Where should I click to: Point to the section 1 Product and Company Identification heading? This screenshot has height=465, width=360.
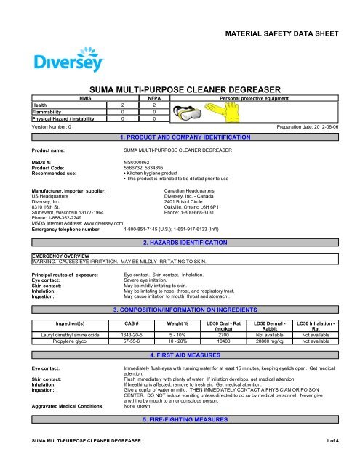(180, 137)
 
